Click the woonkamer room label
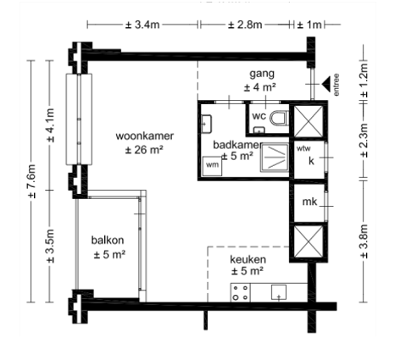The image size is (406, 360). (145, 136)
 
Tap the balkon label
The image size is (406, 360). (108, 241)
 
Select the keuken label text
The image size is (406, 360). (247, 259)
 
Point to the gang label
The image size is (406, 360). (262, 74)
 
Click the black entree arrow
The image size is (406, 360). (326, 84)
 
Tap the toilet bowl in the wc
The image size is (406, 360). (279, 118)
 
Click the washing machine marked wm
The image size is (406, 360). (212, 166)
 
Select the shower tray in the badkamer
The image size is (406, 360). (275, 158)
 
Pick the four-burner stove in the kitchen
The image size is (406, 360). (241, 292)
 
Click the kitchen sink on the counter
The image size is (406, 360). (279, 292)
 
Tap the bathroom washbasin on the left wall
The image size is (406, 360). (207, 124)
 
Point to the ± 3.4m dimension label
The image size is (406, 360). (142, 25)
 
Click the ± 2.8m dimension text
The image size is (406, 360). (245, 25)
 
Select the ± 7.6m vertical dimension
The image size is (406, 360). (31, 181)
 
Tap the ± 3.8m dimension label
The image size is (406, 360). (364, 241)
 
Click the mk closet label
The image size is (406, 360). (309, 202)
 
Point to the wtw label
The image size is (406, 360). (303, 148)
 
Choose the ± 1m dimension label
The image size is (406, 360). (309, 25)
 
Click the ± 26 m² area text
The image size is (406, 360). (144, 150)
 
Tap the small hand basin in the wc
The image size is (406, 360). (259, 130)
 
